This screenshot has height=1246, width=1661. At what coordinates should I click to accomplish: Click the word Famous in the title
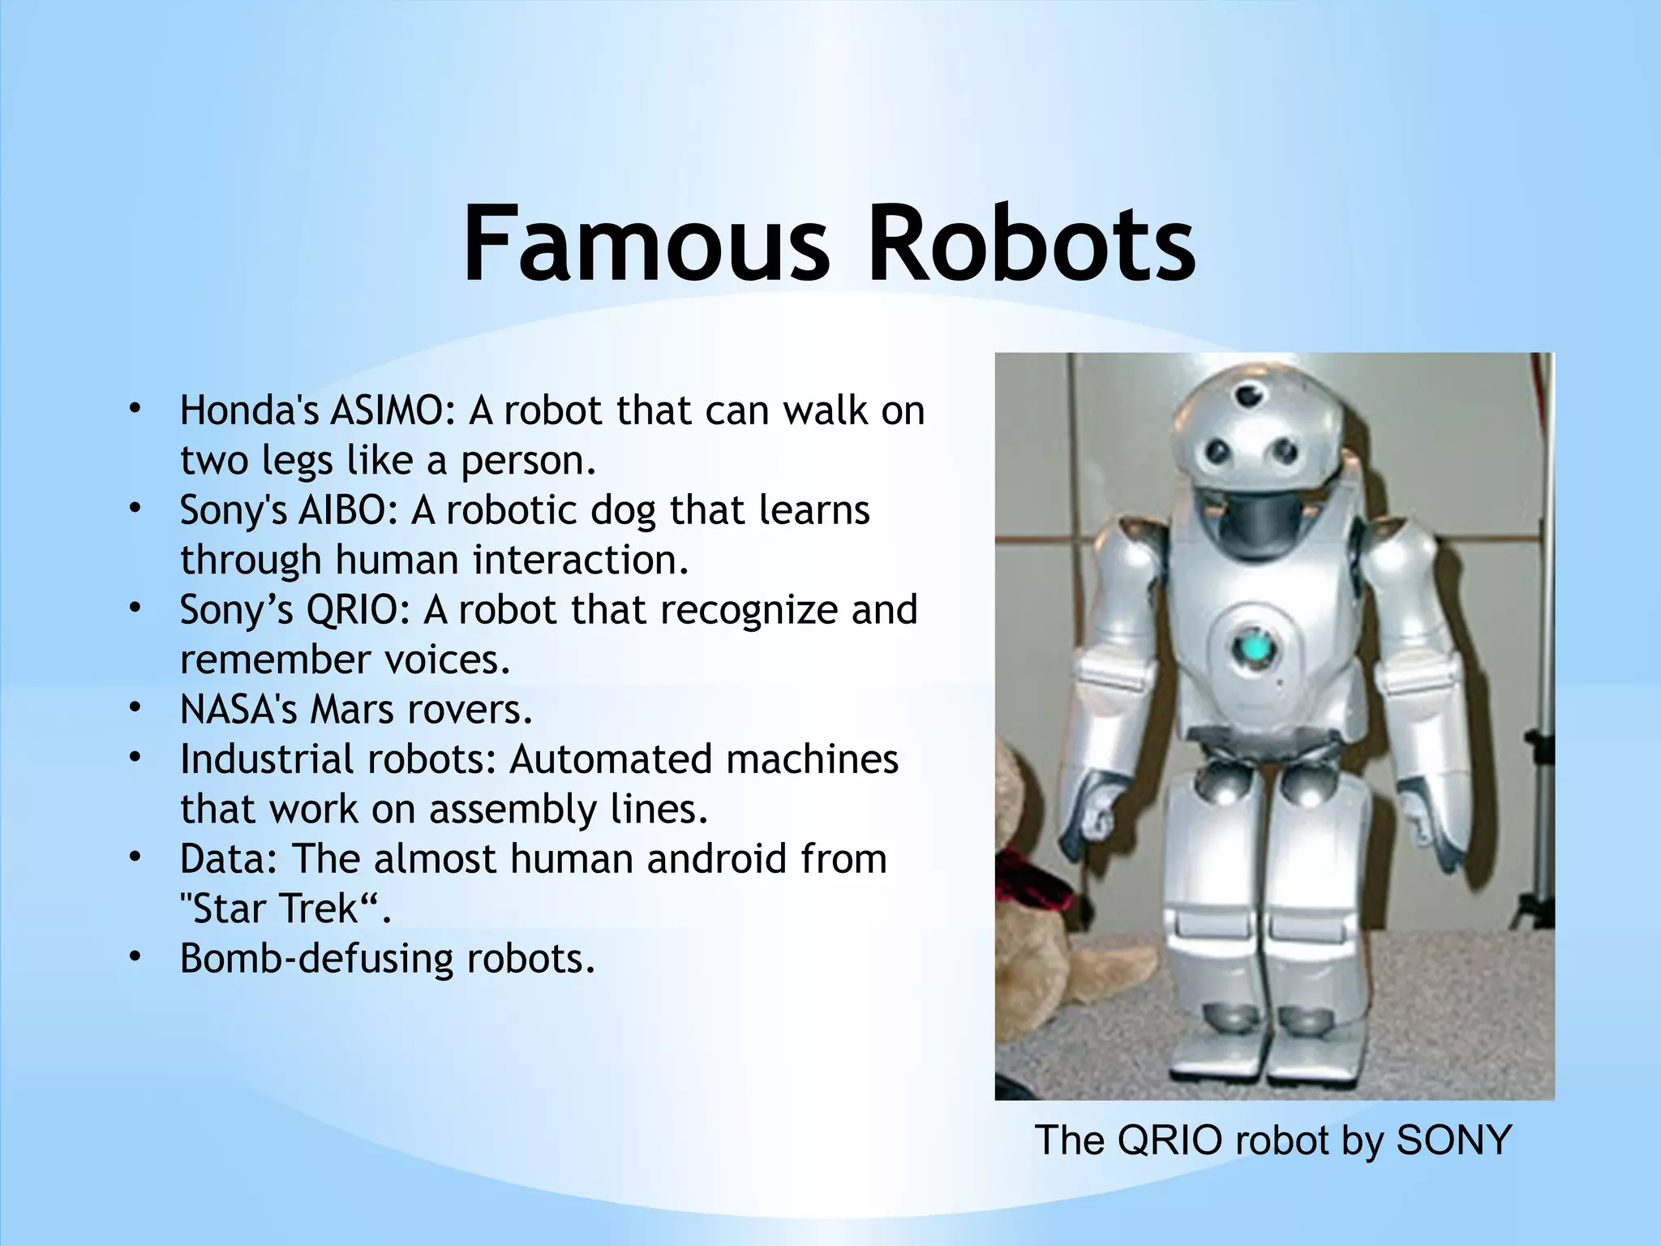click(646, 243)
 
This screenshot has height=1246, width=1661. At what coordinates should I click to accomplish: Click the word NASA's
click(238, 711)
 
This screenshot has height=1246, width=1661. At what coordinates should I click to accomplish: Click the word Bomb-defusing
click(315, 959)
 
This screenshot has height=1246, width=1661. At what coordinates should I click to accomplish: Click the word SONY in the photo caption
click(1453, 1141)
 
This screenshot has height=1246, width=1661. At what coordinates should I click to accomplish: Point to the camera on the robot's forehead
click(1246, 397)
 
